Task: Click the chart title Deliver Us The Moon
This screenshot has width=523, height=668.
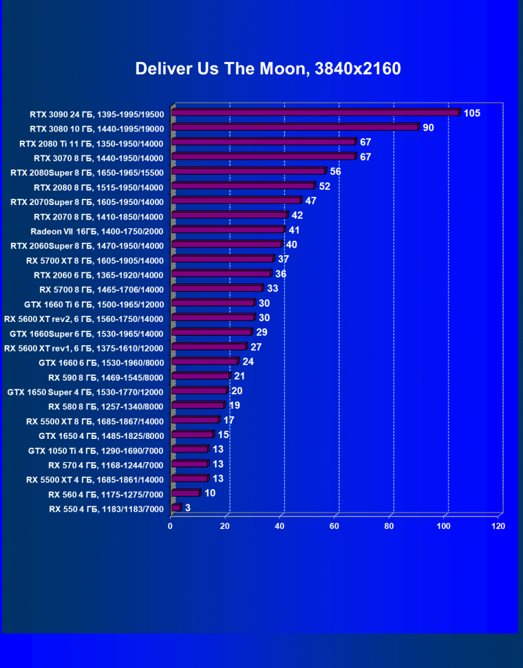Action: pyautogui.click(x=268, y=69)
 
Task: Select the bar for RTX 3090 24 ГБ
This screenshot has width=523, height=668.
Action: pyautogui.click(x=315, y=113)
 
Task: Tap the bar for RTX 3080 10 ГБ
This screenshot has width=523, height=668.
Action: pyautogui.click(x=295, y=127)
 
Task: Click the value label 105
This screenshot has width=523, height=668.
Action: pyautogui.click(x=472, y=113)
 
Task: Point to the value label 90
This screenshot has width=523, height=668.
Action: pyautogui.click(x=428, y=127)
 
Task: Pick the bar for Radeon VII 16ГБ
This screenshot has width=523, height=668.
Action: pyautogui.click(x=228, y=230)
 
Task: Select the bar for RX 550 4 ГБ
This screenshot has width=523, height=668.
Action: pyautogui.click(x=176, y=508)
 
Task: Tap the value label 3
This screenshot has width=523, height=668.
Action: pyautogui.click(x=188, y=508)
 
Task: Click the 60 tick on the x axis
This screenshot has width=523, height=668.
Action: pyautogui.click(x=334, y=526)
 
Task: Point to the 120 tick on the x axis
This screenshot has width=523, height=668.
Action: pyautogui.click(x=498, y=526)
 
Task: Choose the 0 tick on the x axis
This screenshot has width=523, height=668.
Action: pyautogui.click(x=171, y=526)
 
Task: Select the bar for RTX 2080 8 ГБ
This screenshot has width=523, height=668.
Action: pyautogui.click(x=243, y=186)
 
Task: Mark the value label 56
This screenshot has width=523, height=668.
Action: pyautogui.click(x=336, y=171)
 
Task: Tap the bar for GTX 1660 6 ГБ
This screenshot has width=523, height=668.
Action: pyautogui.click(x=204, y=361)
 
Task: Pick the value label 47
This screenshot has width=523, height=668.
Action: pyautogui.click(x=311, y=201)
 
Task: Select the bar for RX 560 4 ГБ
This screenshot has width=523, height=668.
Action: pyautogui.click(x=185, y=493)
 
